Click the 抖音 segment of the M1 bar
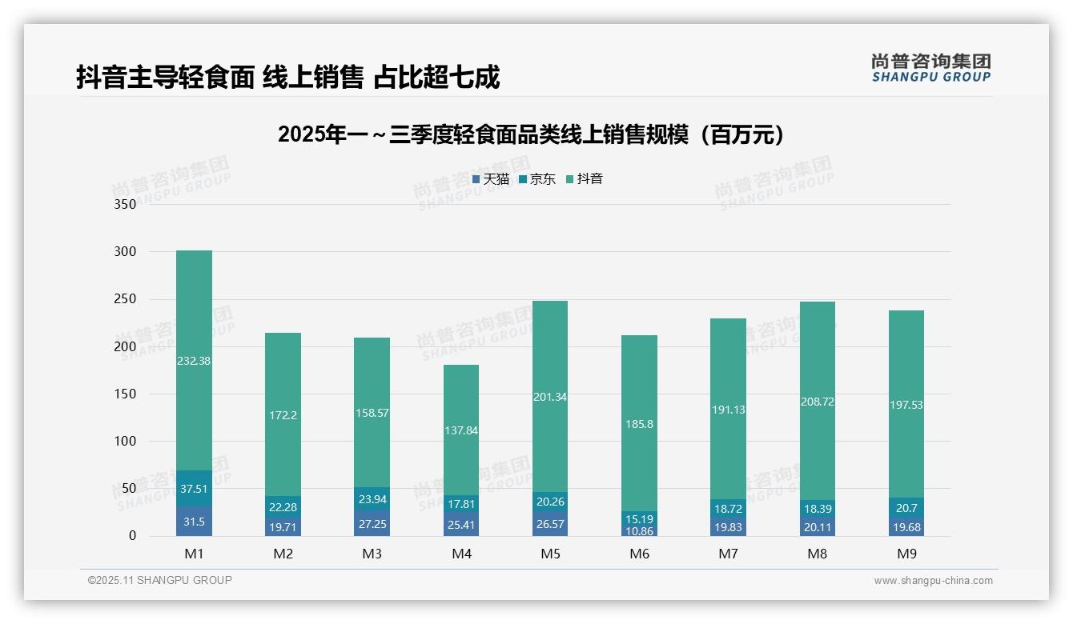194,360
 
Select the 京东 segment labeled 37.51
194,489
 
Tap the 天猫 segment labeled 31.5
194,522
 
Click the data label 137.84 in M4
460,430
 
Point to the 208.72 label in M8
817,402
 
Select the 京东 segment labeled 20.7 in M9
906,507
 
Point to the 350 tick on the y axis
126,204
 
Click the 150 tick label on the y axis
126,394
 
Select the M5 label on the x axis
550,554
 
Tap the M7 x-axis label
728,554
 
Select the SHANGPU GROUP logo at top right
930,68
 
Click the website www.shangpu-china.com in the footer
933,581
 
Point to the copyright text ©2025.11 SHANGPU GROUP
160,581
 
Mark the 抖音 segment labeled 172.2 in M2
283,415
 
